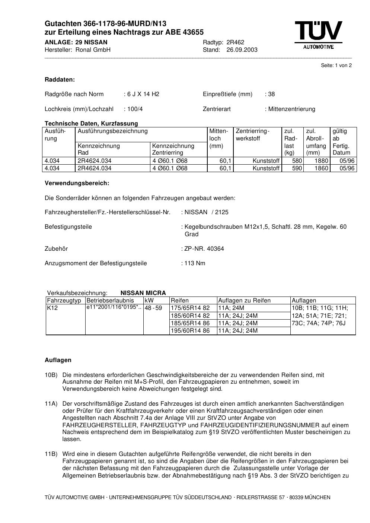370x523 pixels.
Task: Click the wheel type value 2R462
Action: click(x=235, y=42)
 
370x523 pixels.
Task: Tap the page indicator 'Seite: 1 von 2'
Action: click(x=336, y=66)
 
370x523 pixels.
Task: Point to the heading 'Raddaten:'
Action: click(x=60, y=80)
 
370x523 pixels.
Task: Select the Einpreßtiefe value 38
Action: click(x=271, y=94)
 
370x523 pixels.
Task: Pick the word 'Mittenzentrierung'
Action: click(x=291, y=109)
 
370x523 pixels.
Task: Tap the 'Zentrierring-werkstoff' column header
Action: click(x=252, y=135)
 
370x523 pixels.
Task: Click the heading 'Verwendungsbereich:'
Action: click(x=77, y=183)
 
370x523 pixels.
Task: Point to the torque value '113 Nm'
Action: click(x=195, y=263)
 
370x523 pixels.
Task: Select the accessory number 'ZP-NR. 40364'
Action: click(x=204, y=249)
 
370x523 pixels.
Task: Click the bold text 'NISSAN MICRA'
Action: click(x=143, y=293)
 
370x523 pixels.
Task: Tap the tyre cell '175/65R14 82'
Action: click(x=190, y=308)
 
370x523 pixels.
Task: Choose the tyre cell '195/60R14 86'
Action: click(x=190, y=331)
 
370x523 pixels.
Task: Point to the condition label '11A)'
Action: click(x=51, y=404)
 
